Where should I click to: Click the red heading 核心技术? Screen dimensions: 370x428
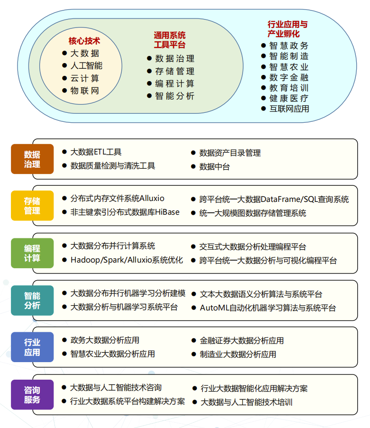[84, 41]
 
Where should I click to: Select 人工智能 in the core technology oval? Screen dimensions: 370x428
[87, 65]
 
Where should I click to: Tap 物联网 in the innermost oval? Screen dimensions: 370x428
[85, 91]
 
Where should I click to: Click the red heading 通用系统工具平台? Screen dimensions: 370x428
[170, 40]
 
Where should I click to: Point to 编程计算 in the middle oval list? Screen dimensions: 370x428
[175, 83]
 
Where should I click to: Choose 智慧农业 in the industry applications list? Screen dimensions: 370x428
[289, 67]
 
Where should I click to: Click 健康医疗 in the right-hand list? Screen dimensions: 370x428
[289, 98]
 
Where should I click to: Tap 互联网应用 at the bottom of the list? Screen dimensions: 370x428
[289, 109]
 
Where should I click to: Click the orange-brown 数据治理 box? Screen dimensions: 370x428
[32, 159]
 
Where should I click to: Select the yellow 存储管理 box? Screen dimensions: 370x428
[32, 206]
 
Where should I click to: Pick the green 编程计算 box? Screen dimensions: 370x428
[32, 253]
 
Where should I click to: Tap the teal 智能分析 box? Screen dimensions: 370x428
[32, 301]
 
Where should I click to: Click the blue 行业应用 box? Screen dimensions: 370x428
[32, 347]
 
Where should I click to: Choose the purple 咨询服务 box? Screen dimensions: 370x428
[32, 394]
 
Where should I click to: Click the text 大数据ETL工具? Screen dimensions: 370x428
[96, 152]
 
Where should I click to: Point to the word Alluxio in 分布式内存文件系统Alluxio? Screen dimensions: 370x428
[152, 198]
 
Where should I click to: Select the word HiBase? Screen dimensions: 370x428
[167, 212]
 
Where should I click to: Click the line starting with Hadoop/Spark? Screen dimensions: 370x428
[126, 260]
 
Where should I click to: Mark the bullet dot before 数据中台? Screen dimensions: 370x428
[193, 166]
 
